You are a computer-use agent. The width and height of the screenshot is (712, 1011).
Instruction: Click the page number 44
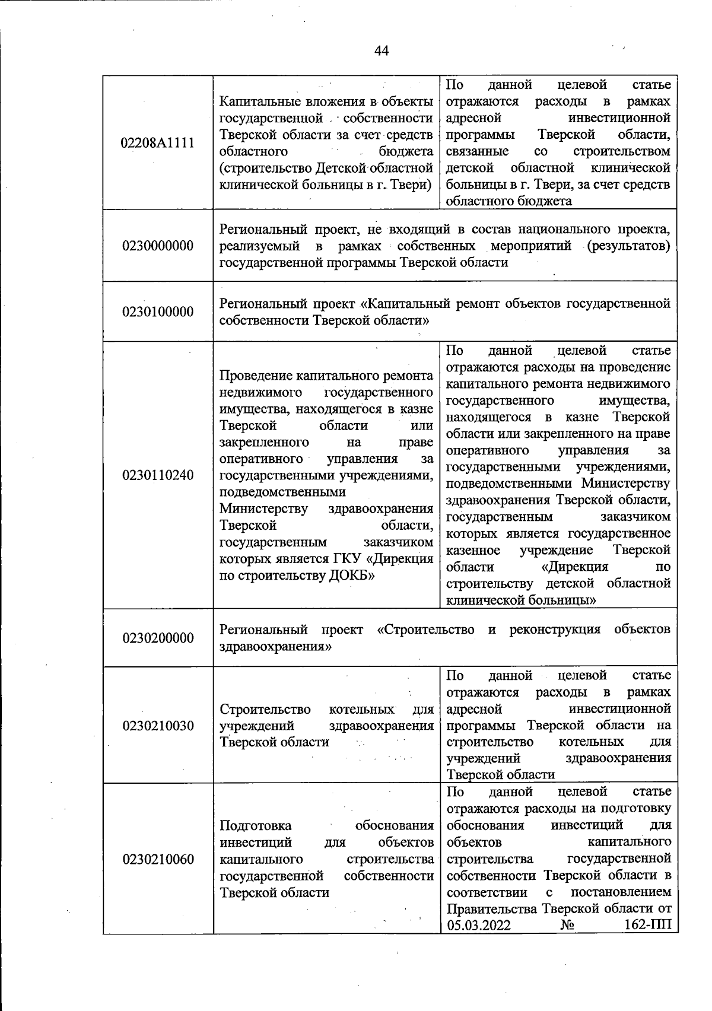pos(382,51)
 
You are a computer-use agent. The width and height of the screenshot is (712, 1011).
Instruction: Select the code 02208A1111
pos(158,143)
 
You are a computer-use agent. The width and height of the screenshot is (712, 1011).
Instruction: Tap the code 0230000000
pos(158,246)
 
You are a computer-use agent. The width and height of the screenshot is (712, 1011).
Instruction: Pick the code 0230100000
pos(158,312)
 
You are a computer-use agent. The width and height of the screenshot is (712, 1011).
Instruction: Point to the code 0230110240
pos(158,475)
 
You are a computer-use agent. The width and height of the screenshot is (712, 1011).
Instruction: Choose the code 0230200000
pos(158,638)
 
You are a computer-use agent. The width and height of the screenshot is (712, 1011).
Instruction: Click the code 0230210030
pos(158,726)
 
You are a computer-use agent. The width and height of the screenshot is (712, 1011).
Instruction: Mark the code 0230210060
pos(158,859)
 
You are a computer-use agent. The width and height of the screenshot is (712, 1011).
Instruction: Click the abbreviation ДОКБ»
pos(351,576)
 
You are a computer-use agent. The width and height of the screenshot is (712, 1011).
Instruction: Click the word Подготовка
pos(256,826)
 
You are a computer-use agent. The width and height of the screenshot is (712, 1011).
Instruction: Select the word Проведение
pos(256,376)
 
